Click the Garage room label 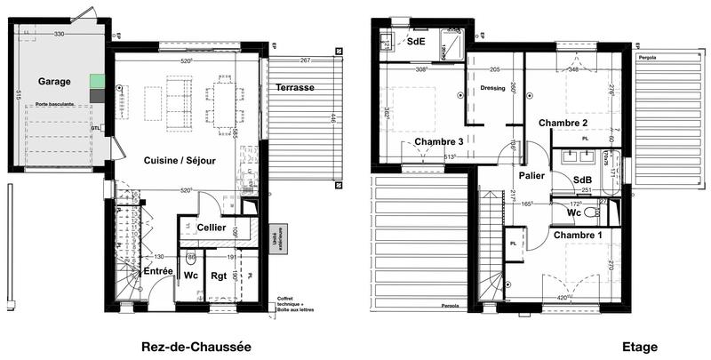(54, 81)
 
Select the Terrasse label (294, 88)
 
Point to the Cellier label (211, 228)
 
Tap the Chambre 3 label (439, 142)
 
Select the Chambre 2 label (563, 123)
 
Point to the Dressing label (492, 88)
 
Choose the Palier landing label (532, 175)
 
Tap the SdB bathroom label (583, 180)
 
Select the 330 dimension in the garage (60, 34)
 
